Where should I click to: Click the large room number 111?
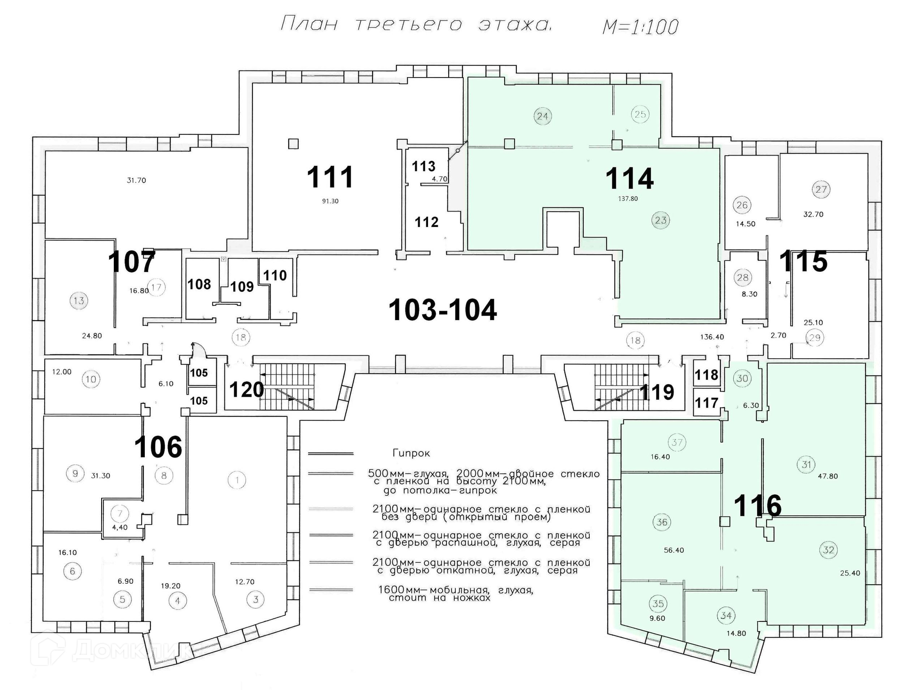point(330,177)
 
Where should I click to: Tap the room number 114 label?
point(629,179)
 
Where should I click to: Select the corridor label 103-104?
point(443,310)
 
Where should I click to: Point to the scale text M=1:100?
point(641,26)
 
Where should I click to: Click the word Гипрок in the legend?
point(411,454)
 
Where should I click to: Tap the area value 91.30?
point(330,201)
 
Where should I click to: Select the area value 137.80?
point(628,199)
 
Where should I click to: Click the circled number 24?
point(543,116)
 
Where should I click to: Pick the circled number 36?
point(662,522)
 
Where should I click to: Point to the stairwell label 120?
point(246,390)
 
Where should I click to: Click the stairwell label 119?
point(657,392)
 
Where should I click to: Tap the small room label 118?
point(706,375)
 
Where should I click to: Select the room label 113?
point(424,166)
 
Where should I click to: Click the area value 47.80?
point(828,476)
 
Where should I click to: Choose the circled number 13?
point(79,300)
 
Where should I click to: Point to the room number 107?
point(131,262)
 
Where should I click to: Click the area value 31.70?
point(136,180)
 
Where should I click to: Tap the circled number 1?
point(237,480)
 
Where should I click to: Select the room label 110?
point(275,275)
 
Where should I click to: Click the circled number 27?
point(821,189)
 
